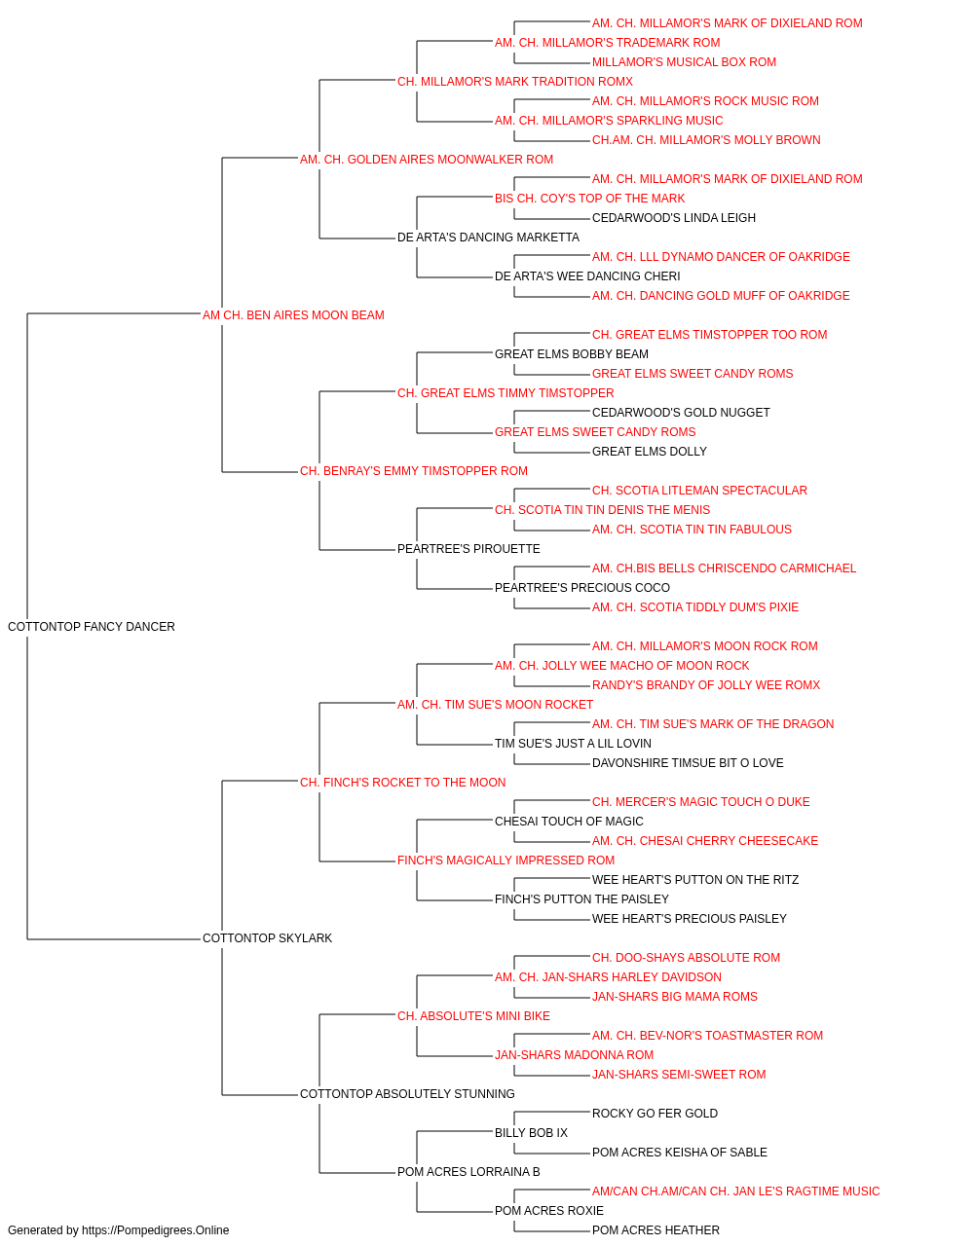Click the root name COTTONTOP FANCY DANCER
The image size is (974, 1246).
coord(92,627)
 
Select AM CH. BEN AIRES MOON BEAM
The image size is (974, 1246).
coord(293,315)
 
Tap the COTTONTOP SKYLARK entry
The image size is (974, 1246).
coord(267,938)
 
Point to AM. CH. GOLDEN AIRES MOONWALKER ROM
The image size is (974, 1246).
coord(427,160)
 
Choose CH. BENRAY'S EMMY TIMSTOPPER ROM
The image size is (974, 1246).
coord(414,471)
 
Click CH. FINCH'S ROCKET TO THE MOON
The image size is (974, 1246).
coord(402,783)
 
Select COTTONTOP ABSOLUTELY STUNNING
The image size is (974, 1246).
coord(407,1094)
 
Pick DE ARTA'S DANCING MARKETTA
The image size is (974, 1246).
coord(488,238)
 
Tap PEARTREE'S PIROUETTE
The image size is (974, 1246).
coord(468,549)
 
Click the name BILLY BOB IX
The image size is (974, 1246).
coord(531,1133)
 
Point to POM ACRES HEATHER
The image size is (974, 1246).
coord(656,1230)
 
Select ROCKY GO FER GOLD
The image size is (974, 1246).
coord(655,1114)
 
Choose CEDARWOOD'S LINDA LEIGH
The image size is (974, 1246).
coord(673,218)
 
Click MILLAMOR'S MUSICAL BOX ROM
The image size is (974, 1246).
coord(684,62)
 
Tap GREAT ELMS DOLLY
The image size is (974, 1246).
coord(650,452)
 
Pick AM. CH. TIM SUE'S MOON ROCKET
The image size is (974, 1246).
coord(495,705)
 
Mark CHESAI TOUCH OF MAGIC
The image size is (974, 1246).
coord(569,822)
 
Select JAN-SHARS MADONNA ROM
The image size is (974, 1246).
coord(575,1055)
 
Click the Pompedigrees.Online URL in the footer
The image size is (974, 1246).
coord(156,1230)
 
